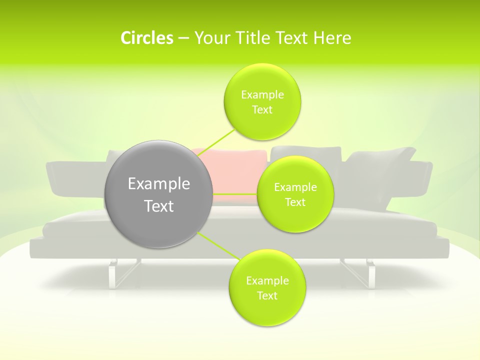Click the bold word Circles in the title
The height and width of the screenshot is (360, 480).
pos(146,38)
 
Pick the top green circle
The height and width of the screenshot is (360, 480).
pos(262,101)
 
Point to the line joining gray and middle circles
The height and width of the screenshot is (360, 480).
pos(234,193)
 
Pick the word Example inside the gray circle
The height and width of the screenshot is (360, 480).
pos(158,184)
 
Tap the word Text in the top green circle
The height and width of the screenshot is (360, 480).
pos(262,109)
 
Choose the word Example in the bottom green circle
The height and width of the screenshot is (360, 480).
pos(267,280)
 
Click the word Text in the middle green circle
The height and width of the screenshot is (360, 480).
pos(295,202)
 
